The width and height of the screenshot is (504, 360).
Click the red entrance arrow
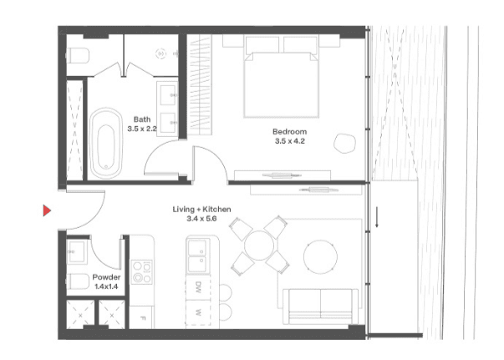47,210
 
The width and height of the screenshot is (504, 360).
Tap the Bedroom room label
289,131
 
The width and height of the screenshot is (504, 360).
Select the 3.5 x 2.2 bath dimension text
142,129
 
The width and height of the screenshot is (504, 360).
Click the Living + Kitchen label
201,210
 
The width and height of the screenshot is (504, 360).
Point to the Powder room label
106,277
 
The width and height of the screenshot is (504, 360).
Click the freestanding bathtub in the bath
106,143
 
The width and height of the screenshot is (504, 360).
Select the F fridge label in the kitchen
143,318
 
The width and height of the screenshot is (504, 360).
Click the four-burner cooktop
142,271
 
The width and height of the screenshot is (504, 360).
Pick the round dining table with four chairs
259,246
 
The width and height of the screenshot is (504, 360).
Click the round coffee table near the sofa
320,257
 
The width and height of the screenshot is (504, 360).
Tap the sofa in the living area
320,307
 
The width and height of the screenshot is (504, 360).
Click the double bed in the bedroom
281,77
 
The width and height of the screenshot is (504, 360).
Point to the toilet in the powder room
78,281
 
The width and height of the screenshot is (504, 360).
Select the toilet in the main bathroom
78,55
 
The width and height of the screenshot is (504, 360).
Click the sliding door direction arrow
377,217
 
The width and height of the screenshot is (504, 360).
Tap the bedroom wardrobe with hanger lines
200,84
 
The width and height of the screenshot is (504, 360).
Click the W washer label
198,312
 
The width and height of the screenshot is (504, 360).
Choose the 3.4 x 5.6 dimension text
201,219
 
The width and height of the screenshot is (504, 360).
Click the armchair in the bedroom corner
344,143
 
